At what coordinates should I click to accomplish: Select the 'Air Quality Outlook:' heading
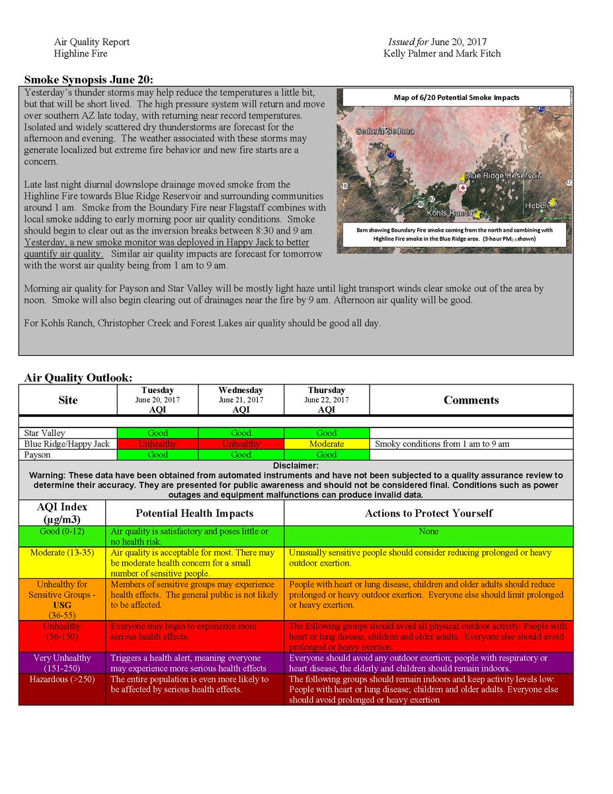pyautogui.click(x=78, y=378)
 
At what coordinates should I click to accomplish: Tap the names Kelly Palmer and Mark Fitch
pyautogui.click(x=442, y=53)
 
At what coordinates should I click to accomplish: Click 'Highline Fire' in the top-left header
pyautogui.click(x=81, y=53)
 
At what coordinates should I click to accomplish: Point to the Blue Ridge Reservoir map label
pyautogui.click(x=503, y=176)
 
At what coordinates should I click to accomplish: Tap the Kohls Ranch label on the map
pyautogui.click(x=450, y=213)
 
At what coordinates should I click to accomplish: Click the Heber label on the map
pyautogui.click(x=536, y=206)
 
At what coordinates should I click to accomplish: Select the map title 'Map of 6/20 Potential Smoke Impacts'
pyautogui.click(x=456, y=97)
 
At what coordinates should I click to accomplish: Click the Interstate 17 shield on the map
pyautogui.click(x=391, y=154)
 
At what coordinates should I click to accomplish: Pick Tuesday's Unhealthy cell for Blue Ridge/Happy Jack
pyautogui.click(x=157, y=444)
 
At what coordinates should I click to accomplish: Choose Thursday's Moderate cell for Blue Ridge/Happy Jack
pyautogui.click(x=327, y=444)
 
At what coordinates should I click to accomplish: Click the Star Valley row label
pyautogui.click(x=45, y=433)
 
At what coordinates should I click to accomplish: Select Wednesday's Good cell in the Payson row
pyautogui.click(x=241, y=455)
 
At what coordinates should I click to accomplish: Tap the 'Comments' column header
pyautogui.click(x=471, y=400)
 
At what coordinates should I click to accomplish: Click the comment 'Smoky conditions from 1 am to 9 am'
pyautogui.click(x=442, y=444)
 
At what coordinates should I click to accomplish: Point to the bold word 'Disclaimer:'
pyautogui.click(x=296, y=466)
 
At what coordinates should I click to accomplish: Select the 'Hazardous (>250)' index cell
pyautogui.click(x=62, y=679)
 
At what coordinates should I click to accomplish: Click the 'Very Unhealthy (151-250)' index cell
pyautogui.click(x=62, y=663)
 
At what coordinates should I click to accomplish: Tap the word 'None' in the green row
pyautogui.click(x=429, y=531)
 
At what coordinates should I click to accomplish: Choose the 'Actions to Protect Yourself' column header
pyautogui.click(x=429, y=513)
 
